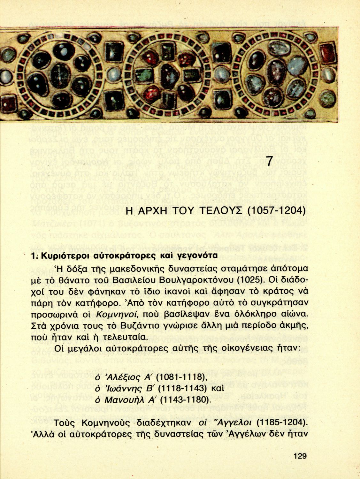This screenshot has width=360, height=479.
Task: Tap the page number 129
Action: (x=300, y=456)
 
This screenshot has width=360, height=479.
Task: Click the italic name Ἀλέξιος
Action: (x=122, y=377)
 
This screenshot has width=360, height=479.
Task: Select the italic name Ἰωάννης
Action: (x=124, y=388)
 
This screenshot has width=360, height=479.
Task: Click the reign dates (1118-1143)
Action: (x=181, y=388)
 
